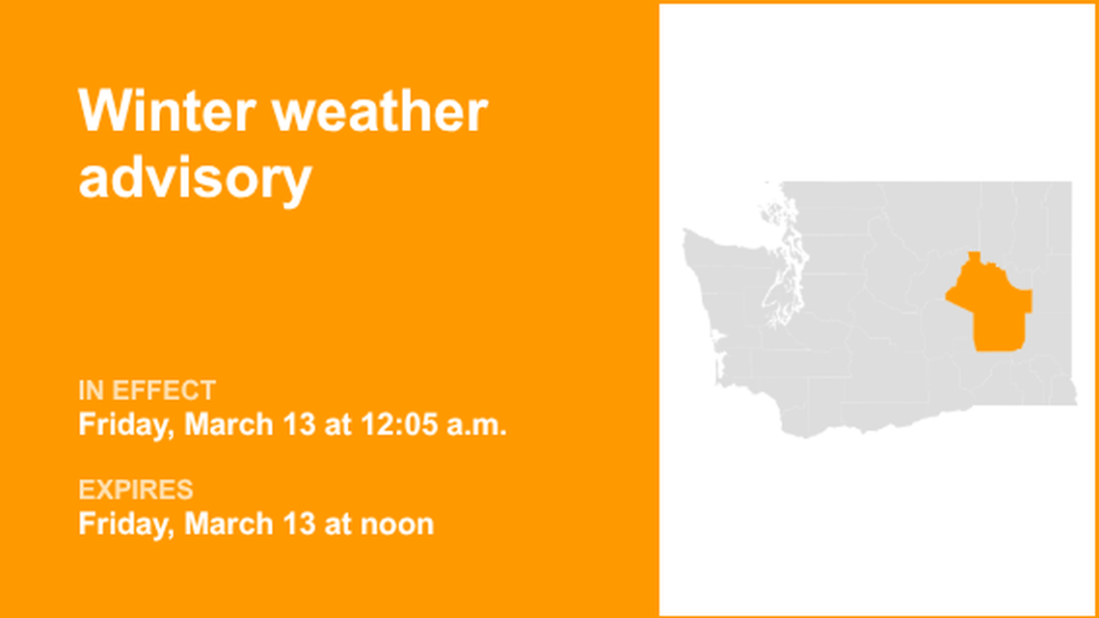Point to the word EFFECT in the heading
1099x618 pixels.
click(x=164, y=390)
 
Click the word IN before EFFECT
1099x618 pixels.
click(x=91, y=390)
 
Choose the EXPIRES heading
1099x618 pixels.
click(x=136, y=490)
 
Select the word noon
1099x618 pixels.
click(x=396, y=524)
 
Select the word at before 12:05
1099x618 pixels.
click(x=337, y=424)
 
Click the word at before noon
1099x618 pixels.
click(x=337, y=524)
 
